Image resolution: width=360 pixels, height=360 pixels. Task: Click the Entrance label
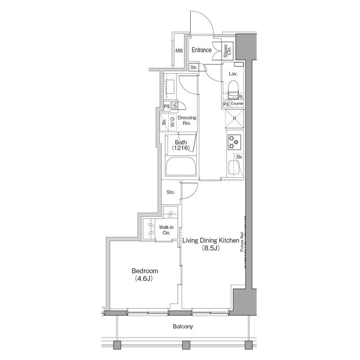coord(201,51)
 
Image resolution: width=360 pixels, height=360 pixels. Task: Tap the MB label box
coord(179,51)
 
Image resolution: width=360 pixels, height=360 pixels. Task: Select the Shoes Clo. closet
coord(227,51)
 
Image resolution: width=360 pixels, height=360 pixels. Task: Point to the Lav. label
coord(232,74)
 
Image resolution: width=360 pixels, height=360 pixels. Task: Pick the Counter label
coord(237,104)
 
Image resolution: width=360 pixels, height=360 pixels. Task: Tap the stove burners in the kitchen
coord(234,142)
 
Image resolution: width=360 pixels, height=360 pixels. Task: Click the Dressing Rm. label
coord(187,120)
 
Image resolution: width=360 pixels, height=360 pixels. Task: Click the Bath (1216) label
coord(181,145)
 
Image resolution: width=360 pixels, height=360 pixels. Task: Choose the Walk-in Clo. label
coord(166,229)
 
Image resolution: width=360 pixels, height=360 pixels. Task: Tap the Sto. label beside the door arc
coord(171,192)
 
